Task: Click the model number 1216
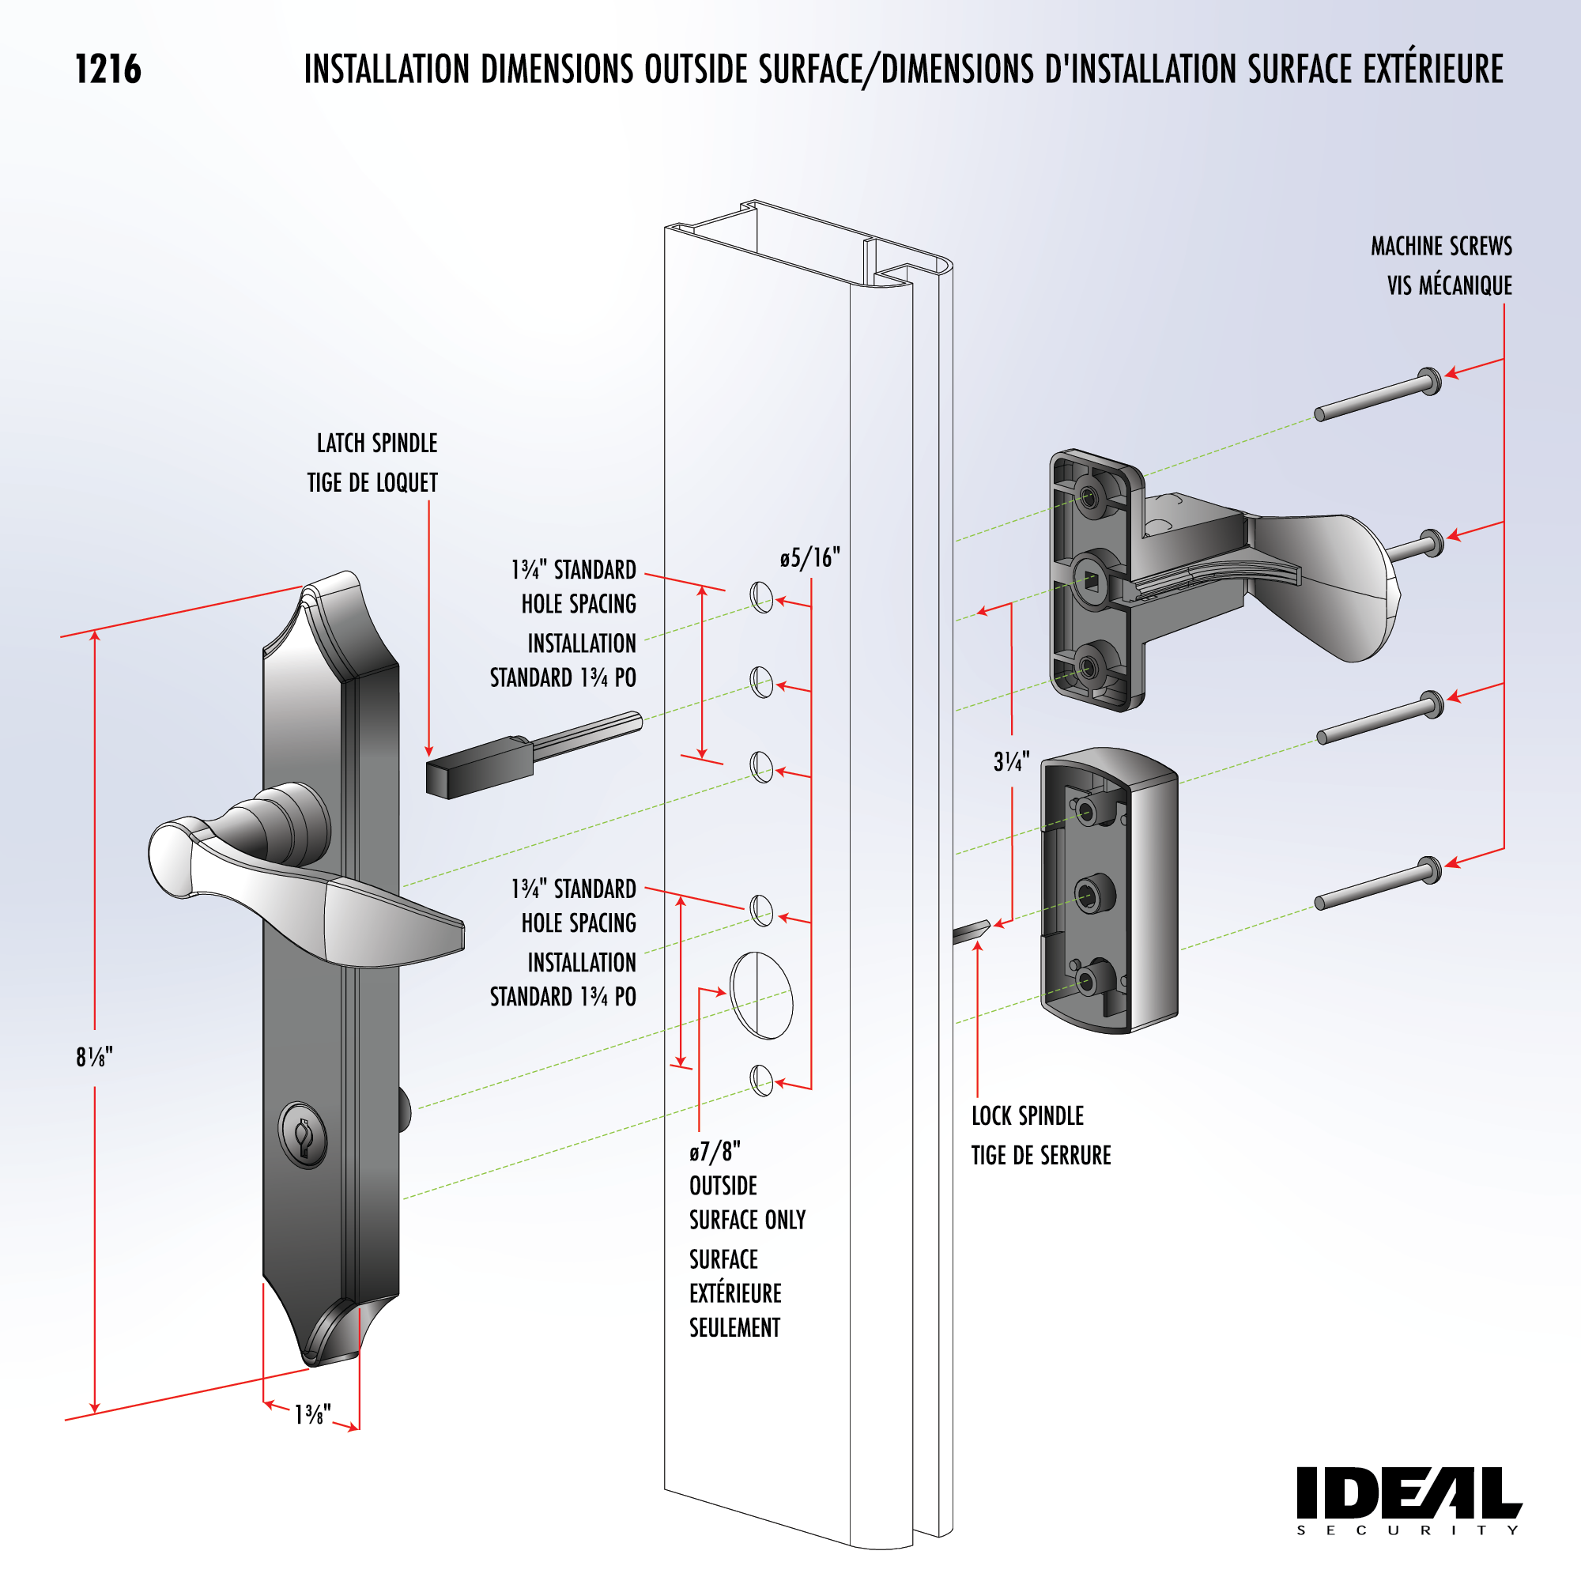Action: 108,70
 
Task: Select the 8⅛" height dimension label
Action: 94,1057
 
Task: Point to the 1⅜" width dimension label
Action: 312,1414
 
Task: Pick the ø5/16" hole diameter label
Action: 809,558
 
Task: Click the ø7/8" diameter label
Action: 715,1153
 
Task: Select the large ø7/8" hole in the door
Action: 761,995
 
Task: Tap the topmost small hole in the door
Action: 761,598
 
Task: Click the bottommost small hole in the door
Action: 761,1080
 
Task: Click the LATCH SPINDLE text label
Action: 376,443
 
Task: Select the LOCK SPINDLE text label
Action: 1027,1116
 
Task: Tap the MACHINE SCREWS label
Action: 1441,247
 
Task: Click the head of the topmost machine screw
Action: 1429,380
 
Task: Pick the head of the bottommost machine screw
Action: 1431,870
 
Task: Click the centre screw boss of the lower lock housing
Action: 1089,896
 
